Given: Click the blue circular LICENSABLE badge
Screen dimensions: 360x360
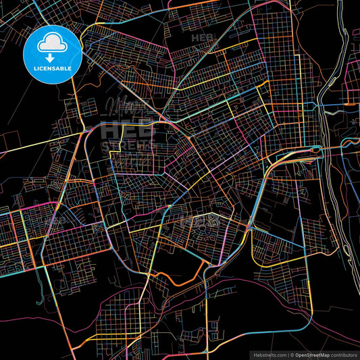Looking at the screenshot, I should point(53,54).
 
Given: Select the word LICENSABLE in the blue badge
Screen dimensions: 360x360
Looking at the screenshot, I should point(53,68).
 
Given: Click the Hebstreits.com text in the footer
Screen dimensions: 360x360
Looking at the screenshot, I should point(269,354).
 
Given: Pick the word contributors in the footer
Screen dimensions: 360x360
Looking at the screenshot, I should point(342,354).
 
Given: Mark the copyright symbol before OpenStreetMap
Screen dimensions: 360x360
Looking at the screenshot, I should point(292,354).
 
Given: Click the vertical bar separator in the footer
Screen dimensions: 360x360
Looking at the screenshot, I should point(287,354).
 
